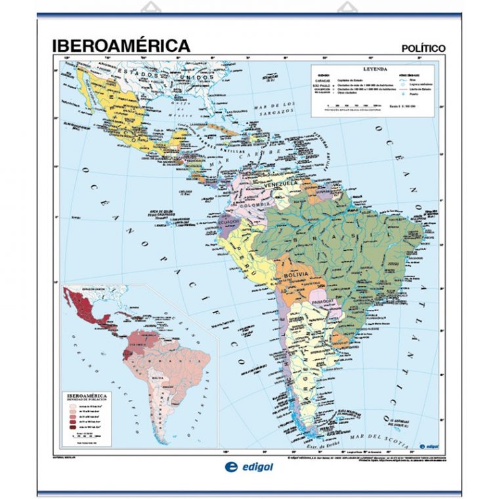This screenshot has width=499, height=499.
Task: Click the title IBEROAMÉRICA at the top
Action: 121,45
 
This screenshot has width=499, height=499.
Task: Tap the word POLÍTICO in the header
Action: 423,48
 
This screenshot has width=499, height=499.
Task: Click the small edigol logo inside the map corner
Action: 426,445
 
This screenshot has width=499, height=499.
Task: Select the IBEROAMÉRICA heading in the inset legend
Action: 88,397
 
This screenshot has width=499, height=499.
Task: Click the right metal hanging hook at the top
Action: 348,9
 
